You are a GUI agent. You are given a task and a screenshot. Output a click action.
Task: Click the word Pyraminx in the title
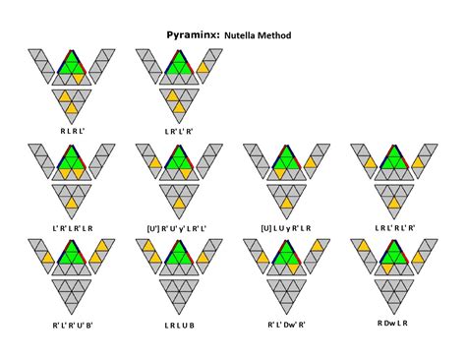tap(193, 35)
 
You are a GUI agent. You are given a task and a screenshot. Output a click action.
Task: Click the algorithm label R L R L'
tap(71, 129)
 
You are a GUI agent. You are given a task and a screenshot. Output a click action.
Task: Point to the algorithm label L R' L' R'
tap(177, 129)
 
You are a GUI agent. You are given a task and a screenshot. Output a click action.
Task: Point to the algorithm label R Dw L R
tap(394, 322)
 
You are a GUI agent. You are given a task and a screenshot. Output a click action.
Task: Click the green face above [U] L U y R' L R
tap(286, 166)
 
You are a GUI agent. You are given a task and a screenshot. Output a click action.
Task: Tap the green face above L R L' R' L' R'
tap(394, 166)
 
